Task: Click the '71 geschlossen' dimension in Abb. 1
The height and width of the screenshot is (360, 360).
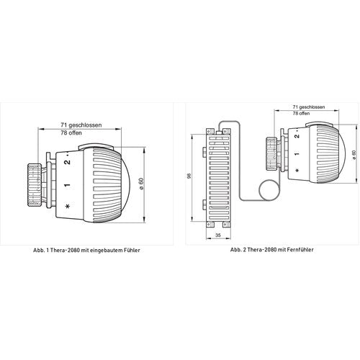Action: click(x=81, y=125)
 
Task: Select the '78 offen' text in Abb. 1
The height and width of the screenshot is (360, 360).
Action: click(x=71, y=132)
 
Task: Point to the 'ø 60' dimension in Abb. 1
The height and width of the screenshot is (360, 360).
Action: click(x=141, y=184)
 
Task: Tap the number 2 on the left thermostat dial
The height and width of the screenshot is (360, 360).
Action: click(x=68, y=162)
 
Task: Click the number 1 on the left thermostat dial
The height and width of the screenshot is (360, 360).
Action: click(x=67, y=185)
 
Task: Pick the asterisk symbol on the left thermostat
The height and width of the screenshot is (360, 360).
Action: click(x=68, y=206)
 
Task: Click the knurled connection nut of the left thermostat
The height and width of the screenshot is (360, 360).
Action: click(x=35, y=184)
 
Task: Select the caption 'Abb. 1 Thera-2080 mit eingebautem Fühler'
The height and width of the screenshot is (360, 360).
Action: click(x=86, y=250)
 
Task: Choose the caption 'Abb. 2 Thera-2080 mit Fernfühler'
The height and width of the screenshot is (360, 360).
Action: click(x=271, y=250)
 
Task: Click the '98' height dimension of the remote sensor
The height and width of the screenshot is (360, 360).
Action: click(x=189, y=176)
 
